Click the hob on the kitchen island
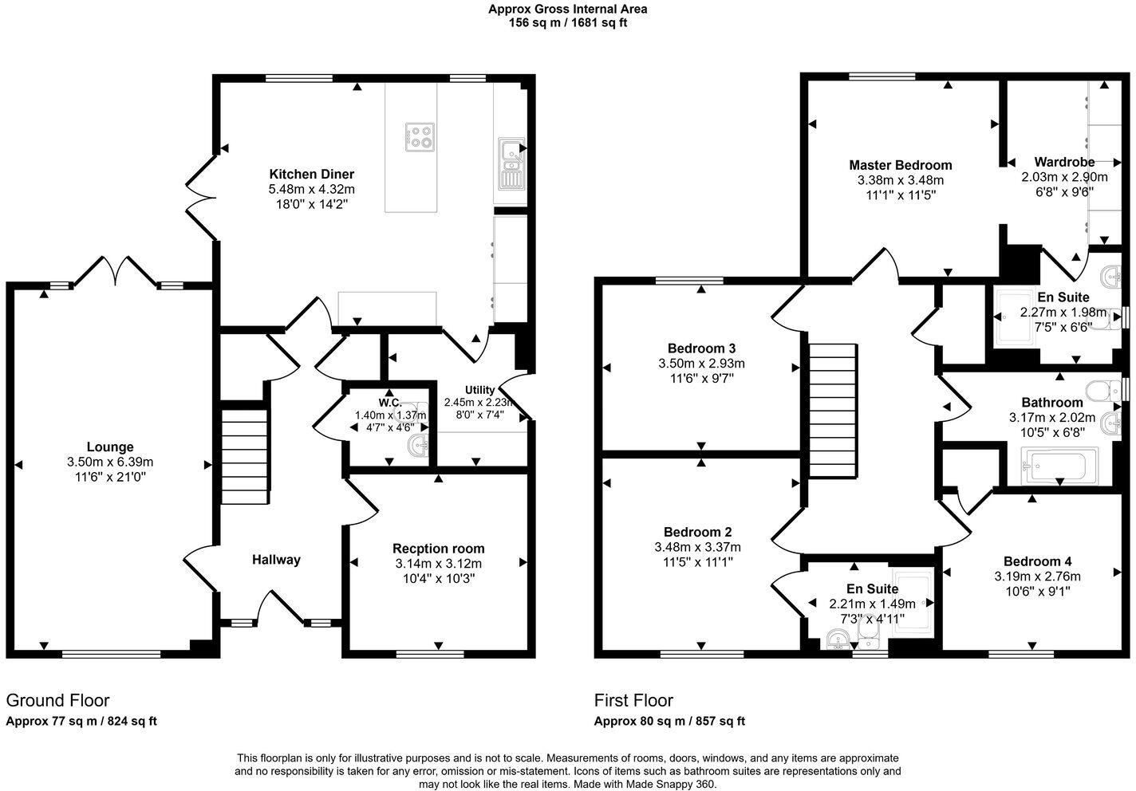point(420,137)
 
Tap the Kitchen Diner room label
point(311,174)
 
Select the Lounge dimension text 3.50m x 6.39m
point(110,462)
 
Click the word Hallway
point(276,560)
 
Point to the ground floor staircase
point(243,457)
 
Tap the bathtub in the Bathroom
point(1059,466)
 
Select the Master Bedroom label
point(900,165)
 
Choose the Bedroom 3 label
point(701,348)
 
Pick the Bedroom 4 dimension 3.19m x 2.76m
point(1037,577)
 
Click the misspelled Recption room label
point(438,549)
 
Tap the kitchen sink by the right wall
point(509,163)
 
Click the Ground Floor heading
point(57,700)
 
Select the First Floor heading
point(633,700)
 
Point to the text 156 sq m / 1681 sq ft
point(567,23)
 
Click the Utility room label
point(479,390)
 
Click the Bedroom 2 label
point(697,532)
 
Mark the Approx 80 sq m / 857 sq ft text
point(669,722)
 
